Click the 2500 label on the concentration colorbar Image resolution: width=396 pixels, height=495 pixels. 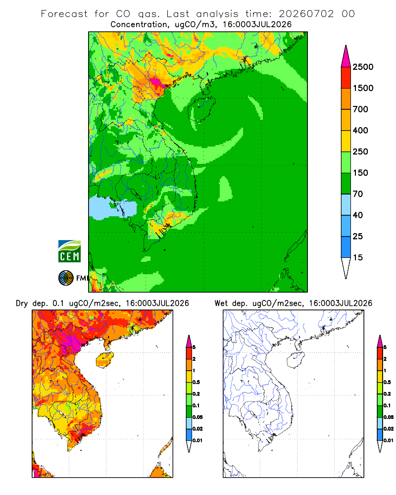363,67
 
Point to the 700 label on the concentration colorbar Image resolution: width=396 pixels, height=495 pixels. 360,109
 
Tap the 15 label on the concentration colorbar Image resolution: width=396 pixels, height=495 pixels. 357,257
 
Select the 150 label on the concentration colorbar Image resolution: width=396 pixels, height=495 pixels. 360,173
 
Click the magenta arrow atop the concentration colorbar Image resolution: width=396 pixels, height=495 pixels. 346,57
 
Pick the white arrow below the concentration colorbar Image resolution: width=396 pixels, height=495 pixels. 346,267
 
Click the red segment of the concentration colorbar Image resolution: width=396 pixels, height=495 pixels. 346,77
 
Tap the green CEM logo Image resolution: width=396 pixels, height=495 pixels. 69,251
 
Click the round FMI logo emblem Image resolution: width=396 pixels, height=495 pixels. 66,278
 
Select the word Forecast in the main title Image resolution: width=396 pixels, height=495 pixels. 64,14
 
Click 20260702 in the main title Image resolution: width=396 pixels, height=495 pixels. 306,14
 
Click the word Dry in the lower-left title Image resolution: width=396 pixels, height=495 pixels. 22,303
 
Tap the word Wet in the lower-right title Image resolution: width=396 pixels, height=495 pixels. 221,303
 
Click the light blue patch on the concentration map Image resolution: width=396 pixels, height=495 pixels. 112,207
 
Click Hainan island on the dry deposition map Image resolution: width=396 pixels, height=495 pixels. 105,360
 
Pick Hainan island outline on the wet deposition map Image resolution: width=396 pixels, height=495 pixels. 296,360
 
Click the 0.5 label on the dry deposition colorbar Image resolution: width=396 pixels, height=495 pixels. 196,382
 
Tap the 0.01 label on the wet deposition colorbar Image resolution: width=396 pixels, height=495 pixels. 389,441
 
